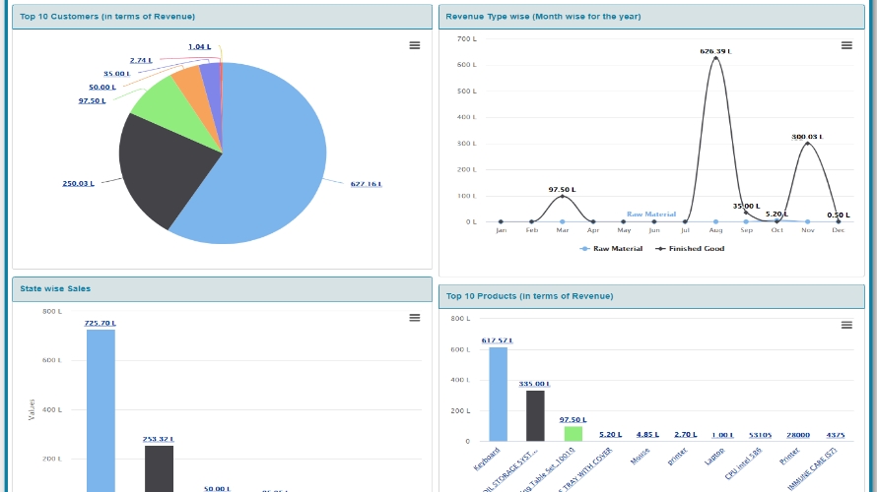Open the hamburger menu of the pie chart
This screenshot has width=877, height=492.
415,45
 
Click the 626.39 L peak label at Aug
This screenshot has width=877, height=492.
715,51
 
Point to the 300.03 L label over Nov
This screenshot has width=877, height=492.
807,137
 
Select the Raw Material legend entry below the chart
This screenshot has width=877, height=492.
612,249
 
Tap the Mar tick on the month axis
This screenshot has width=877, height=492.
562,230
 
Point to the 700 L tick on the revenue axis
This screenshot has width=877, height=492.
467,38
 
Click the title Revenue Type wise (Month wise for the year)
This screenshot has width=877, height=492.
543,17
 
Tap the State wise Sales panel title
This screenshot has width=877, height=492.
55,288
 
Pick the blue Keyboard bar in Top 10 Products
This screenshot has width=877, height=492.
498,394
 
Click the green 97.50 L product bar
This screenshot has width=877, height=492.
573,433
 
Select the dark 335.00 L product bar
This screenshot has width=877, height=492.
535,415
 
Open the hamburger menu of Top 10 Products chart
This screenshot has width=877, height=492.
845,326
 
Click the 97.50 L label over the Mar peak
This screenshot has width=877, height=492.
562,189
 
